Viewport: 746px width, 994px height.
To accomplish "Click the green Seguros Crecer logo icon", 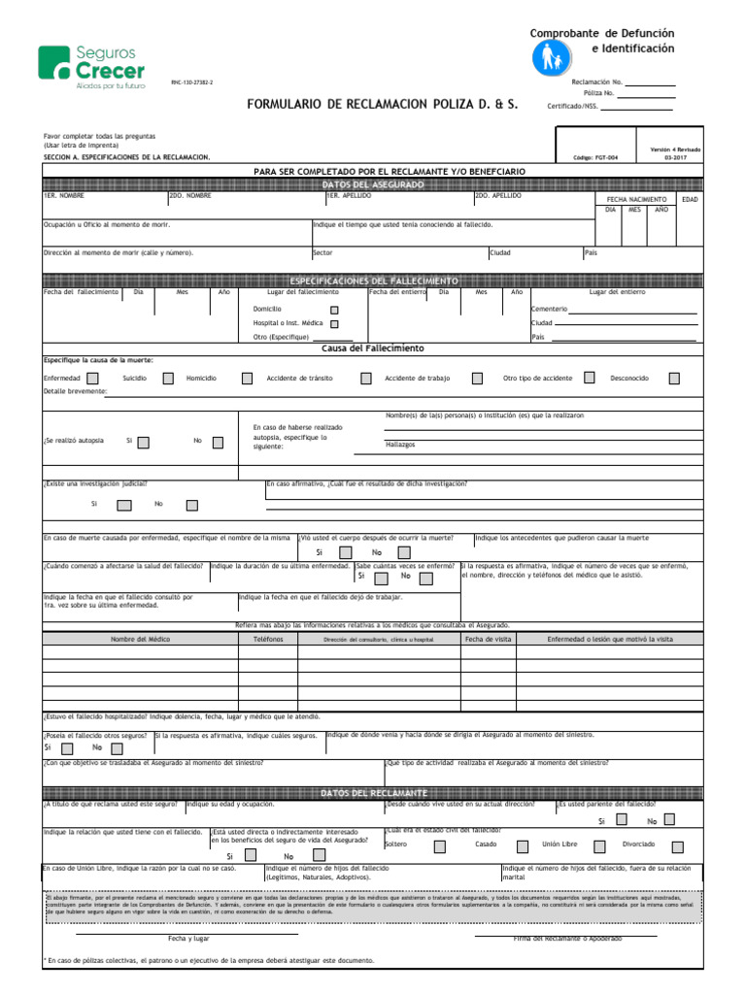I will pos(53,64).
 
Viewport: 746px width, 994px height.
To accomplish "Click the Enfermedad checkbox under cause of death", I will pos(92,379).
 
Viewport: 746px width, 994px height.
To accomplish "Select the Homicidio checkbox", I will pos(248,379).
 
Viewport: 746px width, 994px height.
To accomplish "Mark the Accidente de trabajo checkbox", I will pos(477,379).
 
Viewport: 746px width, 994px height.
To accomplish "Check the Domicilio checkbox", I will pos(335,309).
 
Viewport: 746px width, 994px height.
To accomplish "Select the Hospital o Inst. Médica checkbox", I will pos(335,323).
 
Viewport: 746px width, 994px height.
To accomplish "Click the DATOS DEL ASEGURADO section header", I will pos(372,183).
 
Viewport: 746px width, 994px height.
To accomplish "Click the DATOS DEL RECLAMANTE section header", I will pos(372,793).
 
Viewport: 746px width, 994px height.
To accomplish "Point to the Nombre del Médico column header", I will pos(140,640).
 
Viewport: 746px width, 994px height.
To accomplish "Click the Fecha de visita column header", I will pos(488,640).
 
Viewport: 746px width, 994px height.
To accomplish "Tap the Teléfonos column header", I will pos(268,640).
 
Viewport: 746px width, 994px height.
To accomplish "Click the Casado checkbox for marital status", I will pos(523,845).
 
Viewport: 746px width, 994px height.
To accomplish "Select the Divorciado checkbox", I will pos(676,845).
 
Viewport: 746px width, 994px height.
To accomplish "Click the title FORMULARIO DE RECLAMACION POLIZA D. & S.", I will pos(383,103).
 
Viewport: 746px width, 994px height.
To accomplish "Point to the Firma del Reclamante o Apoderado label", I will pos(568,939).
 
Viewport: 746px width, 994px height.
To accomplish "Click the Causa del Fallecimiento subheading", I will pos(372,348).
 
